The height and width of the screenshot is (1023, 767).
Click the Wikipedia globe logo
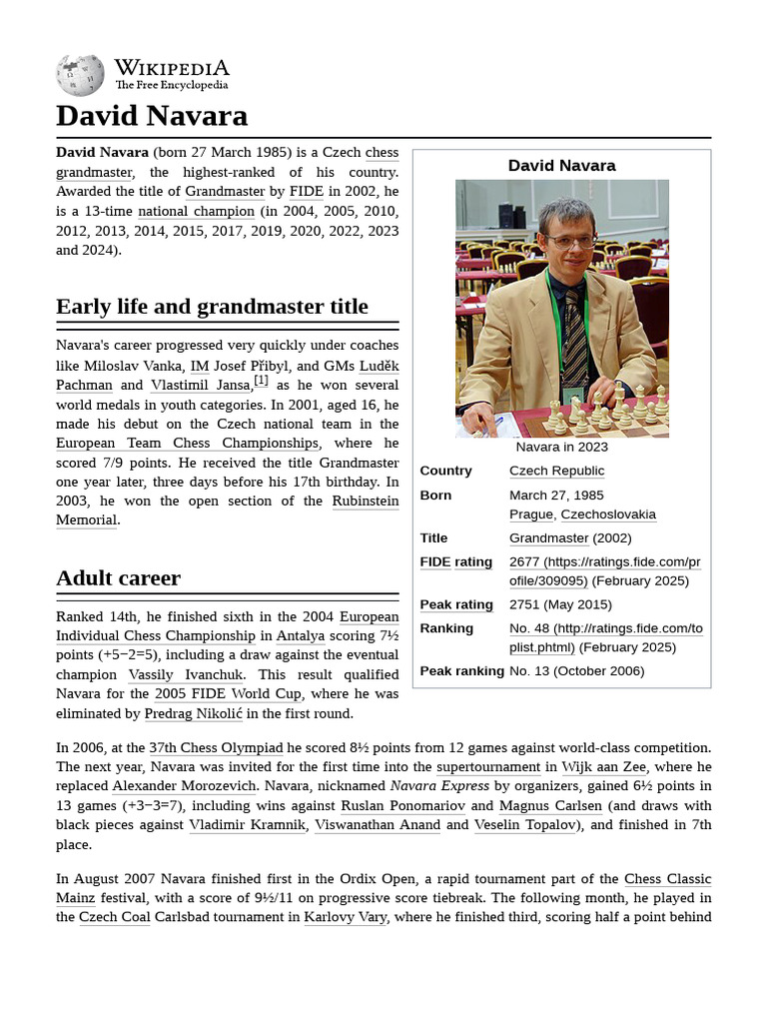80,75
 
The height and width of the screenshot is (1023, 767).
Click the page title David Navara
152,116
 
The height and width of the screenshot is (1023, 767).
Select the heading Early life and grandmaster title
212,307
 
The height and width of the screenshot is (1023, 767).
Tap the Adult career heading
118,577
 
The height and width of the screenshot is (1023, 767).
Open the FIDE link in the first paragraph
306,191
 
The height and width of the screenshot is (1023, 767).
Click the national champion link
196,211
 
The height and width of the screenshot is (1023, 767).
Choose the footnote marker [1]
261,381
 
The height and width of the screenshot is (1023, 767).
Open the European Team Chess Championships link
188,443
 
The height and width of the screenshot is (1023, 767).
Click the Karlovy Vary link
346,916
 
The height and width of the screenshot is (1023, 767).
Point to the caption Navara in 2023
561,447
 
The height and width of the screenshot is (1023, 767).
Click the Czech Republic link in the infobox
556,471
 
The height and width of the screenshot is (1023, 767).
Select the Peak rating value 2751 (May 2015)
560,604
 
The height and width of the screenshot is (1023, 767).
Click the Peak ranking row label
461,670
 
